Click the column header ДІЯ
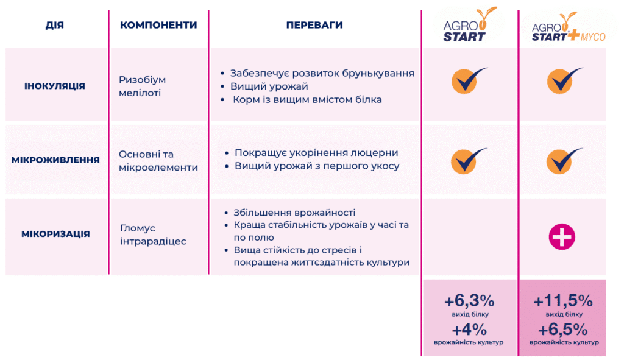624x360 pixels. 54,25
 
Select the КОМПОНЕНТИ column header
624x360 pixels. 158,25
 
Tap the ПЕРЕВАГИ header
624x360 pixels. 314,25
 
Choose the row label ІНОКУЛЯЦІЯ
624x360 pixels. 54,86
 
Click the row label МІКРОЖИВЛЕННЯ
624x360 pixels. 55,160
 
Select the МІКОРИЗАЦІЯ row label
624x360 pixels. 55,234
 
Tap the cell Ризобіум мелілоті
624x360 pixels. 142,86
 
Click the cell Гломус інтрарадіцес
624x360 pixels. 153,235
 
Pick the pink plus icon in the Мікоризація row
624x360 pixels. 562,237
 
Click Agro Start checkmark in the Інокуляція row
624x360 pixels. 469,81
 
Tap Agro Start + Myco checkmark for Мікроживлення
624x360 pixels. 564,161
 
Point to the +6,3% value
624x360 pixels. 469,301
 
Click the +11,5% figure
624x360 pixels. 562,301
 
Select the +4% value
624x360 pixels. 469,330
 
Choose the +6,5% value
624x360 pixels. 562,330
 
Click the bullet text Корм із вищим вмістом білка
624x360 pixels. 307,99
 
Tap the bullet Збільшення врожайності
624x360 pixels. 294,213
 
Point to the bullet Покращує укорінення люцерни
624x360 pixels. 316,153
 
